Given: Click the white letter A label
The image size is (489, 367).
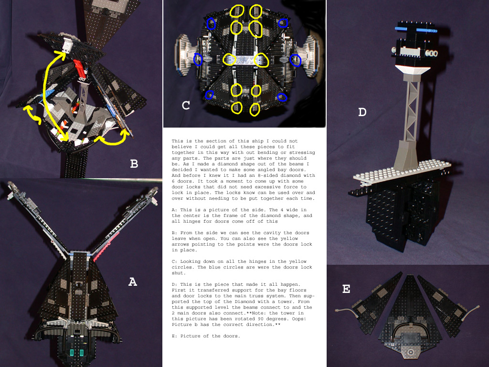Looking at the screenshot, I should point(132,282).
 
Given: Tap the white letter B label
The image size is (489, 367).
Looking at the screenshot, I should point(134,164).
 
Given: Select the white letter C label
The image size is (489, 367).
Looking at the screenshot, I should point(186,106).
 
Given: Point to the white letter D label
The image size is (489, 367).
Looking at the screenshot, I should point(362,112).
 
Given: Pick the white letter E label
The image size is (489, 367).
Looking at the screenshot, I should point(346,289).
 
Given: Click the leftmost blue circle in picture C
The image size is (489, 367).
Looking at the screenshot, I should point(198,59).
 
